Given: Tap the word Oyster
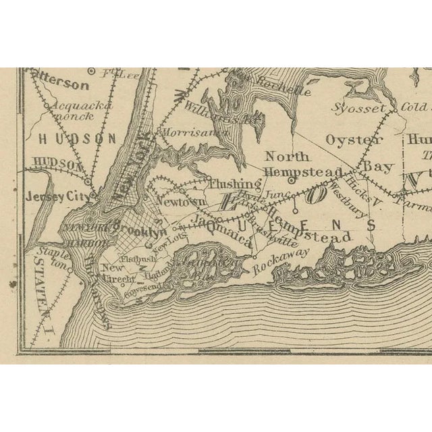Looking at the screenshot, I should click(x=354, y=140).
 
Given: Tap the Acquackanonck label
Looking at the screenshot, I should click(x=74, y=111).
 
